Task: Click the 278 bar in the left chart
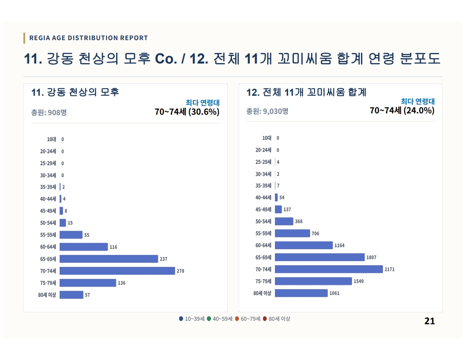(x=117, y=271)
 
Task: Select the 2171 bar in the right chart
(x=329, y=269)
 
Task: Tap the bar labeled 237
(x=109, y=259)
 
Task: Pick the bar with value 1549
(x=313, y=281)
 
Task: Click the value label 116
(x=113, y=247)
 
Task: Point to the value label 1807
(x=371, y=257)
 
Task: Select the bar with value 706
(x=293, y=233)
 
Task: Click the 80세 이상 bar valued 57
(x=71, y=295)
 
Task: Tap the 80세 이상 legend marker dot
(x=265, y=319)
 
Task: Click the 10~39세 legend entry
(x=192, y=319)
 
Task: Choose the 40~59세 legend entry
(x=220, y=319)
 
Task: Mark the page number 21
(x=429, y=321)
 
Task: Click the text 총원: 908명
(x=49, y=112)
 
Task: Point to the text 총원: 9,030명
(x=267, y=111)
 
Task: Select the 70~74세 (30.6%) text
(x=187, y=112)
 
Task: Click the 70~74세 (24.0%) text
(x=402, y=110)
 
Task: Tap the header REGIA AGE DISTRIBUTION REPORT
(x=89, y=38)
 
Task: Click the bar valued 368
(x=284, y=221)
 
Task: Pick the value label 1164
(x=339, y=245)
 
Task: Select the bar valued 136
(x=88, y=283)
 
